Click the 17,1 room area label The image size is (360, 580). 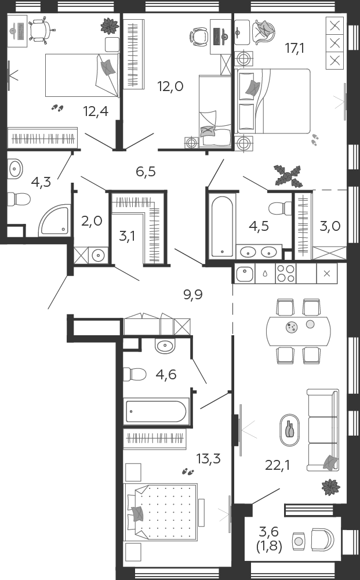(x=294, y=48)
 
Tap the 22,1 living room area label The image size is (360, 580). (x=278, y=465)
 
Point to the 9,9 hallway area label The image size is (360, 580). (x=193, y=295)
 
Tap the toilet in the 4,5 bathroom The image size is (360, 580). (x=280, y=208)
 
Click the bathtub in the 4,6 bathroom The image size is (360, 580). (x=157, y=411)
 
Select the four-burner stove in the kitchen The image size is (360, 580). (x=285, y=273)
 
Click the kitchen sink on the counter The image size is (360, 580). (x=244, y=273)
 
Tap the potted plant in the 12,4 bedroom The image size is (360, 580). (x=110, y=26)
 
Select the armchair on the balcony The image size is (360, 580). (x=322, y=539)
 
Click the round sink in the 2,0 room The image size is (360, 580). (x=99, y=255)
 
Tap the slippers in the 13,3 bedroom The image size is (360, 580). (x=188, y=472)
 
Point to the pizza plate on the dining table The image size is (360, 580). (x=292, y=327)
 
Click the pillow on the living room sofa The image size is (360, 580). (x=330, y=463)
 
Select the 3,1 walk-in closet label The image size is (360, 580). (x=127, y=235)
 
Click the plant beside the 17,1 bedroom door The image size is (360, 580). (x=288, y=175)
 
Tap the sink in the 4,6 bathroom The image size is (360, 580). (x=165, y=346)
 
